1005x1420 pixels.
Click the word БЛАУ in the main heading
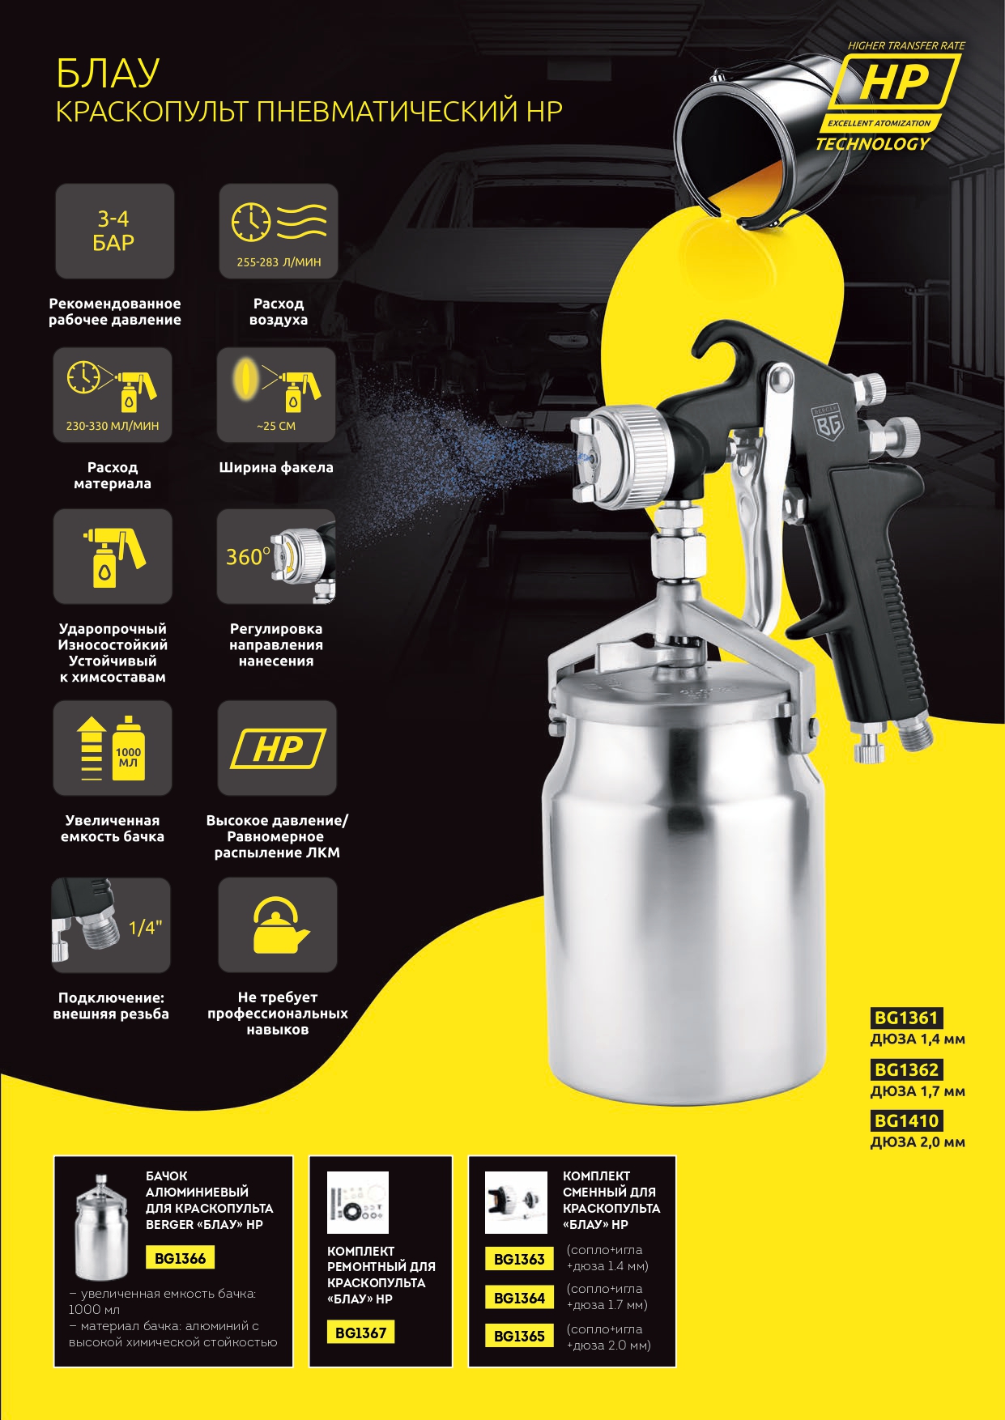coord(107,74)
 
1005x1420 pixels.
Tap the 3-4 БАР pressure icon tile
coord(114,232)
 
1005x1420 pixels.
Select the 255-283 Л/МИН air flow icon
coord(279,232)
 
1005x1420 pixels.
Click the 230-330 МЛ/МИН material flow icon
coord(113,395)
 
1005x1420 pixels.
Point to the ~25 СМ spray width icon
coord(276,395)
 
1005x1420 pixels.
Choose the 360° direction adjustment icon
coord(276,556)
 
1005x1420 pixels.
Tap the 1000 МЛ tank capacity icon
coord(113,748)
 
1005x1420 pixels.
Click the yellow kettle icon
coord(277,925)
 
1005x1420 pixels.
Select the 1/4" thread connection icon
coord(111,925)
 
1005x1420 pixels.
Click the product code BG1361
coord(905,1018)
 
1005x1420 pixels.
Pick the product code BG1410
coord(905,1120)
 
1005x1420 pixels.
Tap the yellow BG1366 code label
coord(180,1258)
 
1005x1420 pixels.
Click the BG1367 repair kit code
coord(360,1333)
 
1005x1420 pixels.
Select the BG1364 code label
coord(519,1298)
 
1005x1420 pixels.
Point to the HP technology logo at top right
coord(891,96)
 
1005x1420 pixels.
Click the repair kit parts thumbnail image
coord(358,1203)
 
